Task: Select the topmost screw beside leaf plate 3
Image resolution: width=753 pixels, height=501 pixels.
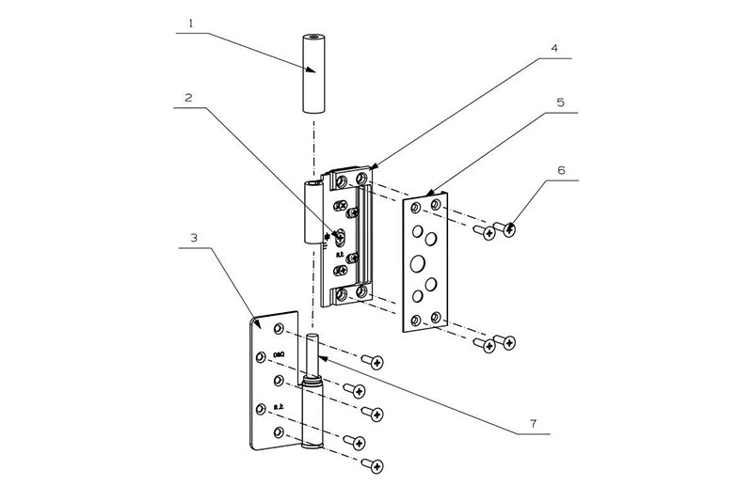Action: tap(376, 362)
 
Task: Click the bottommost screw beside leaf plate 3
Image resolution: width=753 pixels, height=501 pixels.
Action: tap(376, 465)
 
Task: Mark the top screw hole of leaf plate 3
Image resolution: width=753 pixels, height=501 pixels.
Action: tap(280, 327)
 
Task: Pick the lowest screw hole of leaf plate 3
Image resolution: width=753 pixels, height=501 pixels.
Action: tap(279, 431)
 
